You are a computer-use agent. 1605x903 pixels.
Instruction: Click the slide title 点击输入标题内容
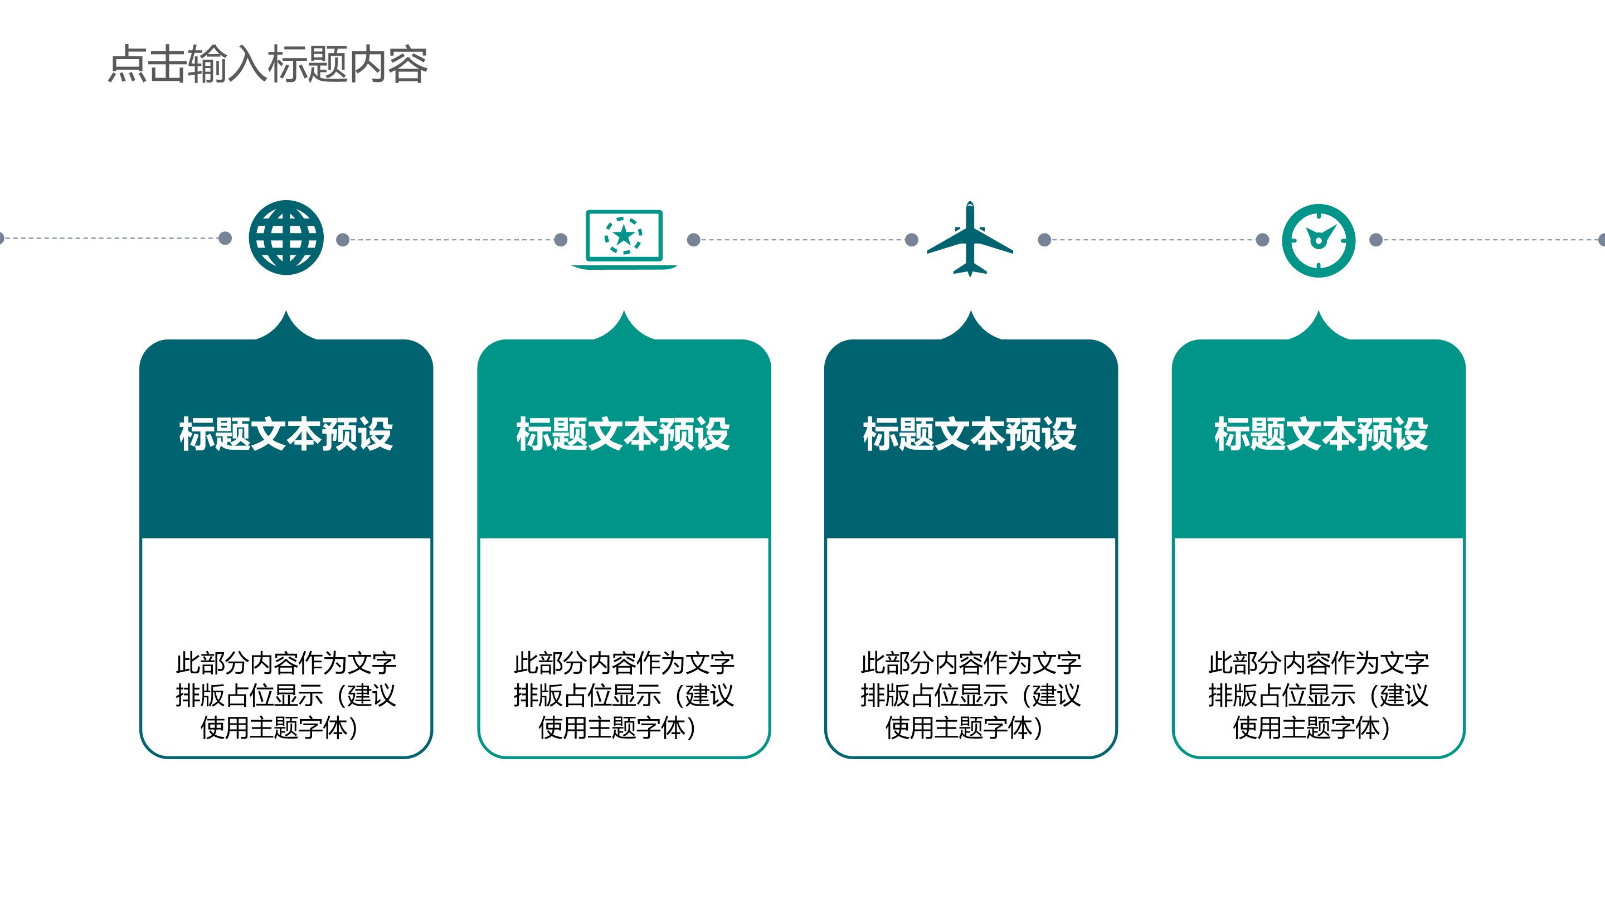[x=268, y=64]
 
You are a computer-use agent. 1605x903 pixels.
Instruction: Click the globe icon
[x=286, y=237]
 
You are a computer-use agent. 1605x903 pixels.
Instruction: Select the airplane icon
[x=970, y=239]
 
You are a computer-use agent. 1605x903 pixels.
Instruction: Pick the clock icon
[x=1319, y=240]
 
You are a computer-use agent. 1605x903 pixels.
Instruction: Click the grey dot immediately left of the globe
[x=226, y=238]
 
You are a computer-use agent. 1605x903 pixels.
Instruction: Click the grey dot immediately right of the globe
[x=343, y=239]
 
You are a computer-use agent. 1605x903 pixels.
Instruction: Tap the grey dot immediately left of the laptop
[x=561, y=239]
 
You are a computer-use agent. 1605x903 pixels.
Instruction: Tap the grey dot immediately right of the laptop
[x=693, y=239]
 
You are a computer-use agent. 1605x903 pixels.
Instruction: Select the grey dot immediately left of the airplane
[x=912, y=239]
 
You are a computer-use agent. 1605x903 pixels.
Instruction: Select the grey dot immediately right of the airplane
[x=1045, y=239]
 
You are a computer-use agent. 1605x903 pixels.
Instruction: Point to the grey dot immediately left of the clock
[x=1262, y=240]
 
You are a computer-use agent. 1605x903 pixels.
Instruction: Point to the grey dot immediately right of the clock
[x=1377, y=240]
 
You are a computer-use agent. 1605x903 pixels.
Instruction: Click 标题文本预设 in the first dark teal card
[x=286, y=434]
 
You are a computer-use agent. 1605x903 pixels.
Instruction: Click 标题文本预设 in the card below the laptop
[x=623, y=434]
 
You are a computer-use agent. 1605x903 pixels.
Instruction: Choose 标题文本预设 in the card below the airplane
[x=970, y=434]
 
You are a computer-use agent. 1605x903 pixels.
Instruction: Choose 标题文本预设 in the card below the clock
[x=1320, y=434]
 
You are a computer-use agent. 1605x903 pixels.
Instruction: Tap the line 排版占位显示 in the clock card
[x=1282, y=695]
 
